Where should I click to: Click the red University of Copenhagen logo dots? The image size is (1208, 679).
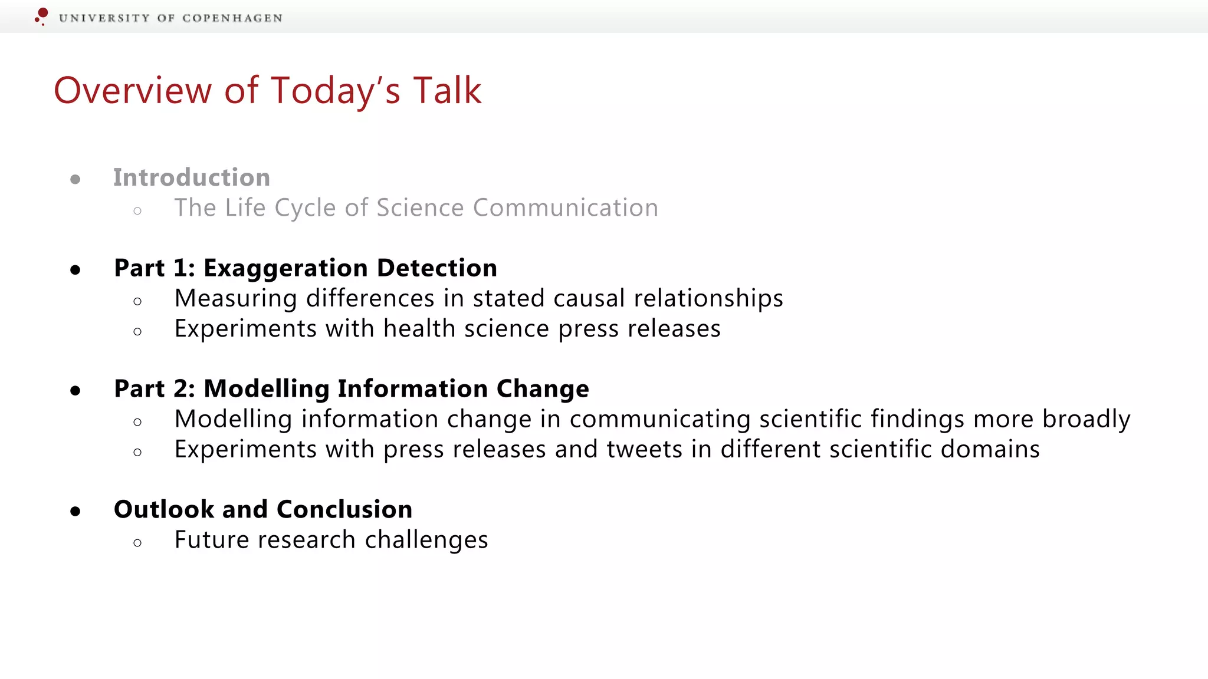pos(41,16)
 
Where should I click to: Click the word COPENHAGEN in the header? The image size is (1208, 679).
pos(232,18)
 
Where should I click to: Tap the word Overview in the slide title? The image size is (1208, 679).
pos(133,91)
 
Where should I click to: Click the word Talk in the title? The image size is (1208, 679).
pos(447,91)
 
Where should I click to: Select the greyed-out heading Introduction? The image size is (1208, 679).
pos(192,177)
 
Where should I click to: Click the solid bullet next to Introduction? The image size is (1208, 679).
pos(75,179)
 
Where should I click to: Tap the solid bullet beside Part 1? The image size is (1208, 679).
pos(75,270)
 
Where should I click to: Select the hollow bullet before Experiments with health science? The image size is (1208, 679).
pos(137,332)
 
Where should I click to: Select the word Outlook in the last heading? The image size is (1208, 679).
pos(163,509)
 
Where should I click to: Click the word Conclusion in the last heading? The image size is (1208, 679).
pos(344,509)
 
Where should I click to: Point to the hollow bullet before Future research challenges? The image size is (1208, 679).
pos(137,543)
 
